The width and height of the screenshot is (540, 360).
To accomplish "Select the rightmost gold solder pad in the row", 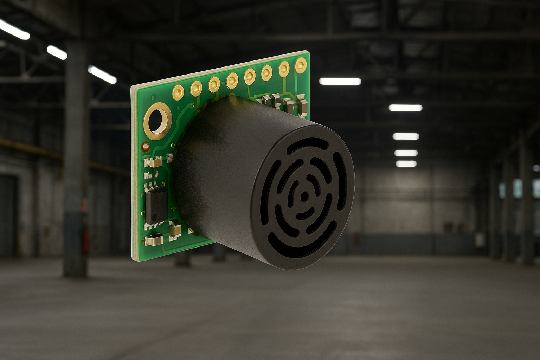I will [301, 65].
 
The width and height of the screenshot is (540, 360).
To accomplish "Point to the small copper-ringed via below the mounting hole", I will [145, 146].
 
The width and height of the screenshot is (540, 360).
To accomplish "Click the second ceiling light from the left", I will [57, 52].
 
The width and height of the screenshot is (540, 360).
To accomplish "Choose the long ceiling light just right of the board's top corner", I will [340, 82].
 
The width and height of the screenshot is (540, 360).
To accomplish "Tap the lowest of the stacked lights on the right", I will [406, 163].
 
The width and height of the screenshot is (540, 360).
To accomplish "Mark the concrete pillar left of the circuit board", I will [75, 158].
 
